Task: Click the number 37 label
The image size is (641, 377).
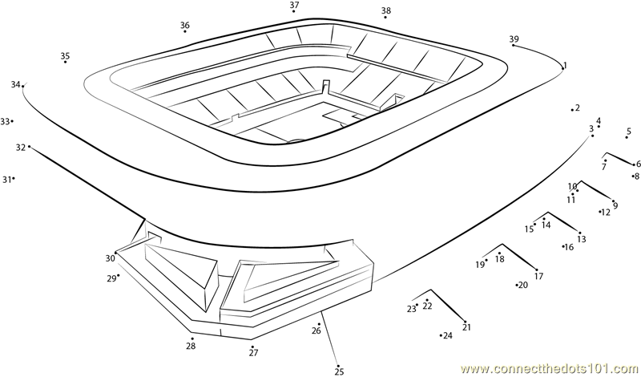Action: [x=294, y=5]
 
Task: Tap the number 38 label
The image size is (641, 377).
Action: [x=386, y=10]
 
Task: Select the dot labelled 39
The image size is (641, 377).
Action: [x=513, y=46]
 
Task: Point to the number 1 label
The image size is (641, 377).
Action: [x=565, y=65]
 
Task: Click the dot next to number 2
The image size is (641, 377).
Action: [x=572, y=109]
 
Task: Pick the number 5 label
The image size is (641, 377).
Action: [x=629, y=132]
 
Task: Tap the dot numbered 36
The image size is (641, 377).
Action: [x=185, y=33]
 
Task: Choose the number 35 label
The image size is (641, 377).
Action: [x=65, y=55]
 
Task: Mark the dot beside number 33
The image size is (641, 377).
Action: [x=12, y=121]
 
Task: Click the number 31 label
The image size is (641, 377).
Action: [x=6, y=180]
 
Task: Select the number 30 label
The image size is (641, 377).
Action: [x=110, y=258]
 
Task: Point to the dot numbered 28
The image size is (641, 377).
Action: [x=191, y=338]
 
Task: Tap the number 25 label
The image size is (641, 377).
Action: [x=339, y=371]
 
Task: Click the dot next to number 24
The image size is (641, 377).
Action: [x=441, y=334]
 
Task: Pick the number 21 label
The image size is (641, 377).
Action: [x=466, y=326]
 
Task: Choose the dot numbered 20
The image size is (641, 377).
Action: [x=517, y=285]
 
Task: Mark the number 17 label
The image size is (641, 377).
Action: [x=538, y=276]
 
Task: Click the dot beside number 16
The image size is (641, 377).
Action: [x=563, y=246]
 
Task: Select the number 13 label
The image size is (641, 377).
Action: [x=582, y=239]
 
